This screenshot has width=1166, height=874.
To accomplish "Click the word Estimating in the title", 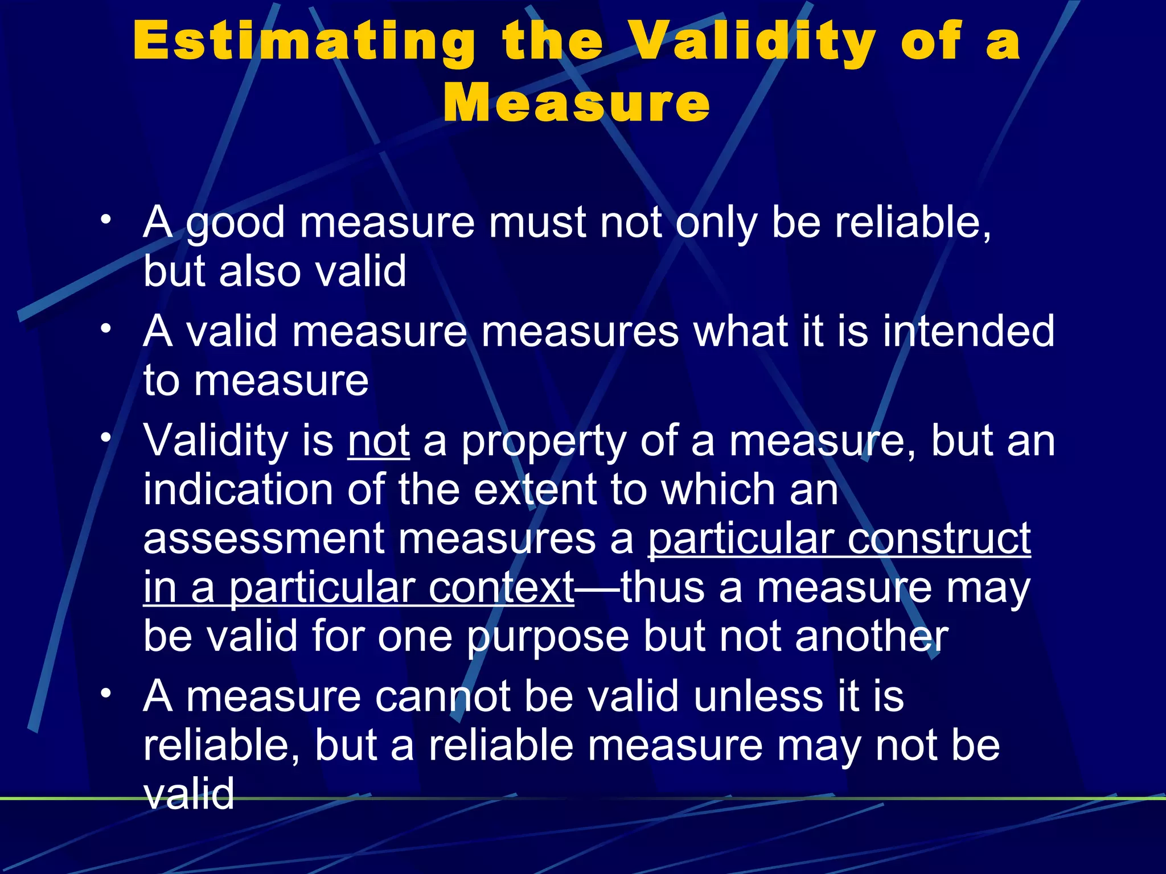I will tap(305, 41).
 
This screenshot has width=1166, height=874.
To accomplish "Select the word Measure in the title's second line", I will tap(576, 102).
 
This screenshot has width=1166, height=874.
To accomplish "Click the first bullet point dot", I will tap(105, 220).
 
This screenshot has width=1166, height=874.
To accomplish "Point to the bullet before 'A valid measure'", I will tap(105, 329).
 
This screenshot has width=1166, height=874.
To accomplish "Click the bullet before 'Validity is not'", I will tap(105, 438).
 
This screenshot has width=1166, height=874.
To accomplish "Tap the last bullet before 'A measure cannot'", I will tap(105, 694).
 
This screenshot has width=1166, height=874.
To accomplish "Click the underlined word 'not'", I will tap(379, 441).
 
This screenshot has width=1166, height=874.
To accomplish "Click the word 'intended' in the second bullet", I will tap(968, 331).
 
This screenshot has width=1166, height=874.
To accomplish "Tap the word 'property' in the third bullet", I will tap(543, 442).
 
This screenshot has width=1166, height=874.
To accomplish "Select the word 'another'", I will tap(872, 636).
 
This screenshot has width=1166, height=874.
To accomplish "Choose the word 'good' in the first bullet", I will tap(235, 223).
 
